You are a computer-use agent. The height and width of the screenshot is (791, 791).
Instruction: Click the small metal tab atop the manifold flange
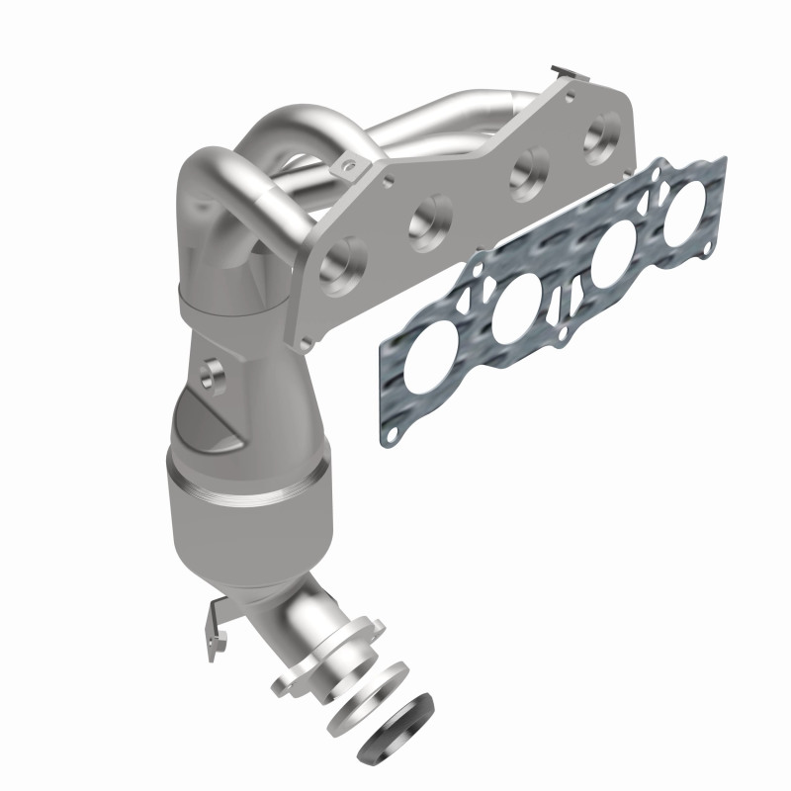click(561, 72)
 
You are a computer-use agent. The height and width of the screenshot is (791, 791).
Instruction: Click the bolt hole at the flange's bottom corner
click(308, 341)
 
